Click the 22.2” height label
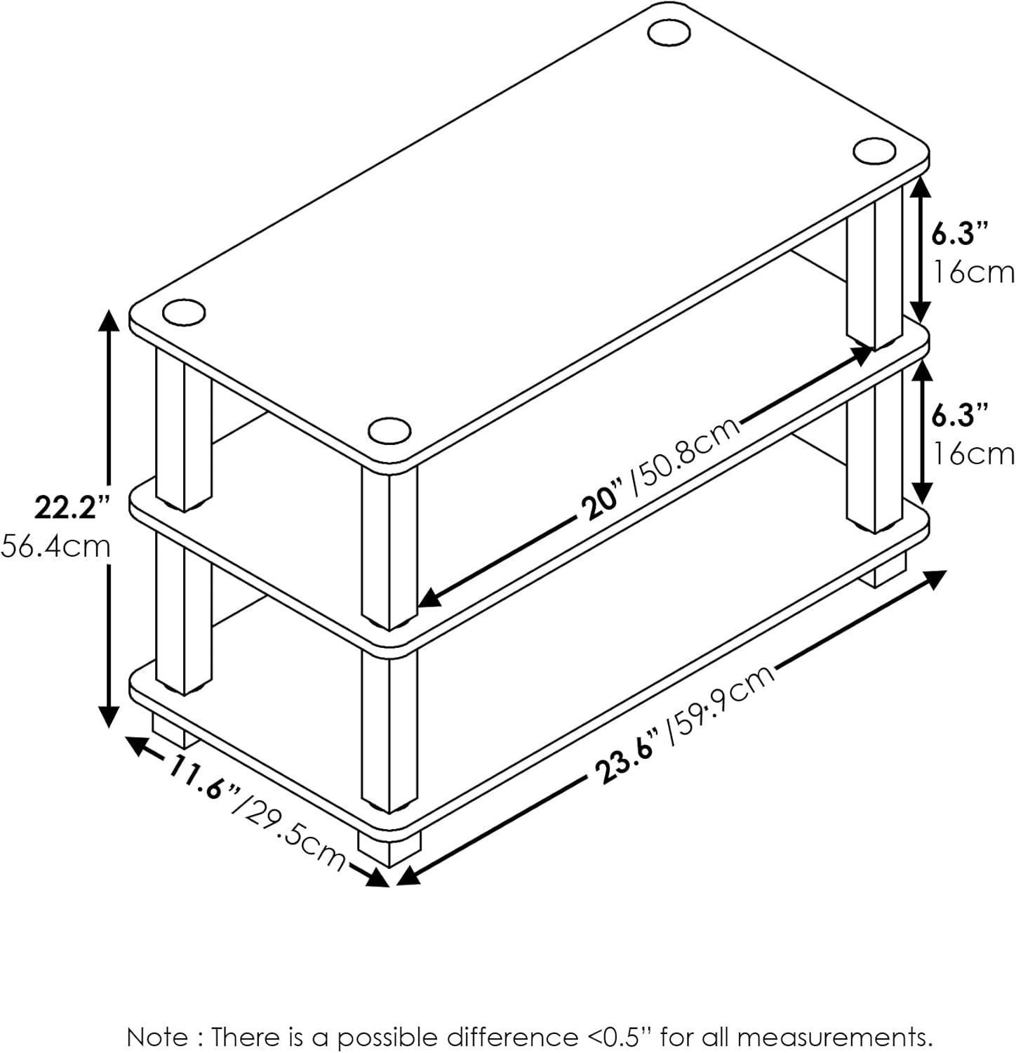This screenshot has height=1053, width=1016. [x=73, y=507]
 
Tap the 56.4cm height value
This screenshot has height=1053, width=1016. [x=56, y=545]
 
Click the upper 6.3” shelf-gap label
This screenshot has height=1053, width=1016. [x=960, y=233]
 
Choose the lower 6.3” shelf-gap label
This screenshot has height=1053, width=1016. [x=960, y=416]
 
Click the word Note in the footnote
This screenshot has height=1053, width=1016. [x=157, y=1036]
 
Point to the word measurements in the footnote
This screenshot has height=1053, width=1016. [x=834, y=1037]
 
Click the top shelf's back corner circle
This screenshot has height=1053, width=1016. [x=669, y=32]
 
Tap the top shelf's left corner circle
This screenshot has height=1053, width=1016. [x=184, y=312]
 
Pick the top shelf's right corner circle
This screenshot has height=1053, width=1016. [x=874, y=151]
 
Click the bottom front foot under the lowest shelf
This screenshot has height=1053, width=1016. [x=390, y=850]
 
